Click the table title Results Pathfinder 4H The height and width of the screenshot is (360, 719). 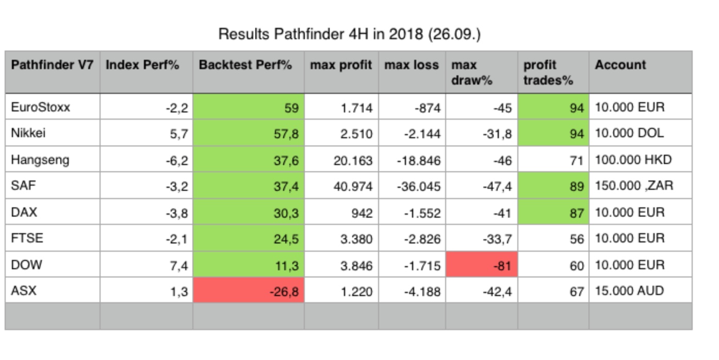pos(349,34)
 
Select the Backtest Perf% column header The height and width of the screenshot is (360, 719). pos(246,65)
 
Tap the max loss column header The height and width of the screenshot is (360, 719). pos(411,65)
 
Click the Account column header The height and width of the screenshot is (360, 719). pos(620,65)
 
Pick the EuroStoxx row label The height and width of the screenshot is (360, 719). pos(40,107)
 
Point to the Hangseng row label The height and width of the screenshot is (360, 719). pos(40,160)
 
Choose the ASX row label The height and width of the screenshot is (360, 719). pos(24,291)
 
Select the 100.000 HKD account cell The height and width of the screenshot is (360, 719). pos(633,160)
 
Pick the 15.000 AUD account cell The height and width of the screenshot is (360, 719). pos(629,291)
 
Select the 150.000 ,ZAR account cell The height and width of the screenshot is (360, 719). pos(634,186)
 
